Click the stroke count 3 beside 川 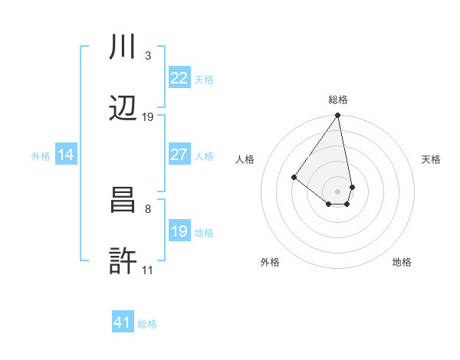coord(148,57)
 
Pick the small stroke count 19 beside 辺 coord(148,117)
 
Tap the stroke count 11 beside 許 coord(148,270)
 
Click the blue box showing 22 coord(179,78)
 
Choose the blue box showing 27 coord(179,155)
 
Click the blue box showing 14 coord(66,155)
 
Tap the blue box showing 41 coord(123,322)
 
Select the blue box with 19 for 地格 coord(179,231)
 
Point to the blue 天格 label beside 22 coord(204,80)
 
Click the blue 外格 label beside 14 coord(41,156)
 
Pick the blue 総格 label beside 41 coord(147,324)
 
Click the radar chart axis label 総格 coord(338,100)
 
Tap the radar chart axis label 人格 coord(245,159)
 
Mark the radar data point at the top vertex coord(338,116)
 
